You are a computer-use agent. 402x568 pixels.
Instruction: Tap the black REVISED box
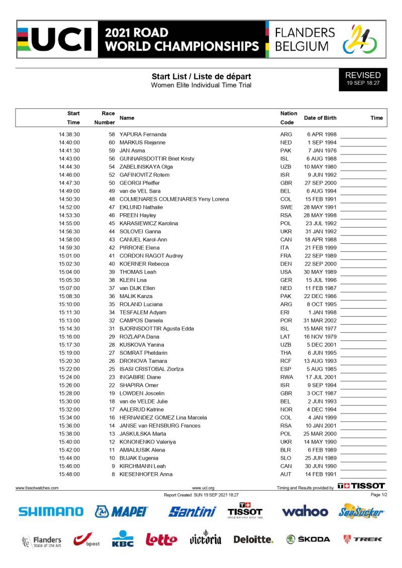pos(363,79)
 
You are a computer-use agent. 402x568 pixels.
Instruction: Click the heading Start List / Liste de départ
pos(201,76)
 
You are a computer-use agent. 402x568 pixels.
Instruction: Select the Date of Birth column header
pos(320,118)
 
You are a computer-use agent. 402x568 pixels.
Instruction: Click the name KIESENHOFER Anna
pos(146,474)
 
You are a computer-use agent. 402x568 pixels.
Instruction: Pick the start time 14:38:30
pos(69,134)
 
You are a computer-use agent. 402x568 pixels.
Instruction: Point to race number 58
pos(112,134)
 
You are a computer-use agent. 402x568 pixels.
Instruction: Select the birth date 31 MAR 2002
pos(320,321)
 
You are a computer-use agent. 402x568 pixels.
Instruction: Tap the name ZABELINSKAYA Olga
pos(146,167)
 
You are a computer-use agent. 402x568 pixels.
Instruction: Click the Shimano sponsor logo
pos(51,512)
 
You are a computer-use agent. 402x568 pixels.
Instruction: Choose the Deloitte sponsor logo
pos(253,539)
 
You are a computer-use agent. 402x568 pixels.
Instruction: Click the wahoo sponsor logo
pos(305,512)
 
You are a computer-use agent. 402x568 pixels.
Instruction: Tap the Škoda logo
pos(308,539)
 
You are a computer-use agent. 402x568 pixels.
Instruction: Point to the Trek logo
pos(362,539)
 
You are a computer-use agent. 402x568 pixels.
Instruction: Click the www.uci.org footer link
pos(203,488)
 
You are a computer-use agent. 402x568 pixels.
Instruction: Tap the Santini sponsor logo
pos(192,512)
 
